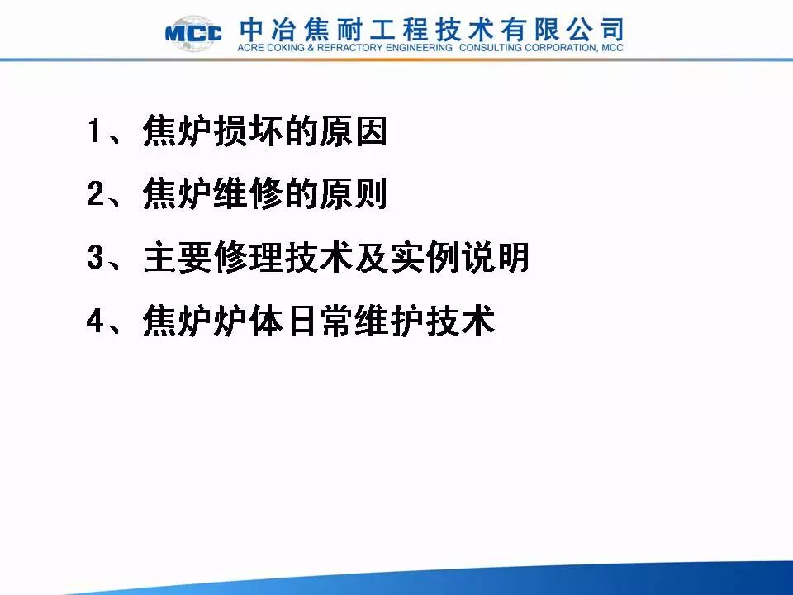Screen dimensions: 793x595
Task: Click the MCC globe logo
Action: tap(193, 33)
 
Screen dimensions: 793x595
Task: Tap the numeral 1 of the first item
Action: tap(95, 131)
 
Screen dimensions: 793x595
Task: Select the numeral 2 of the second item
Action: tap(96, 193)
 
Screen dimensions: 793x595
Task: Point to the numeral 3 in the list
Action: tap(96, 256)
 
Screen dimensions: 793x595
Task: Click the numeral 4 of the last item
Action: tap(96, 320)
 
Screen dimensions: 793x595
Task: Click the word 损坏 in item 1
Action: tap(246, 131)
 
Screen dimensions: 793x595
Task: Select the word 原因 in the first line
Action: tap(353, 131)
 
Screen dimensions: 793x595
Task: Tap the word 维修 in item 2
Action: tap(246, 193)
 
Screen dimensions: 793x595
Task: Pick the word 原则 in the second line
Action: tap(353, 193)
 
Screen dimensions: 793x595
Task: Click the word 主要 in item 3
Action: tap(177, 257)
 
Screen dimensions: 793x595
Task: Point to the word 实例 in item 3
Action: tap(424, 257)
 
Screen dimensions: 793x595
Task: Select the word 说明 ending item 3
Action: tap(495, 257)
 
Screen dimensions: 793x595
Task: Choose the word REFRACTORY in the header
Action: tap(349, 48)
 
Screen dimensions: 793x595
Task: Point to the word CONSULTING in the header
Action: tap(490, 48)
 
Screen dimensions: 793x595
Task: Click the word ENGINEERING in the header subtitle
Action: tap(420, 48)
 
